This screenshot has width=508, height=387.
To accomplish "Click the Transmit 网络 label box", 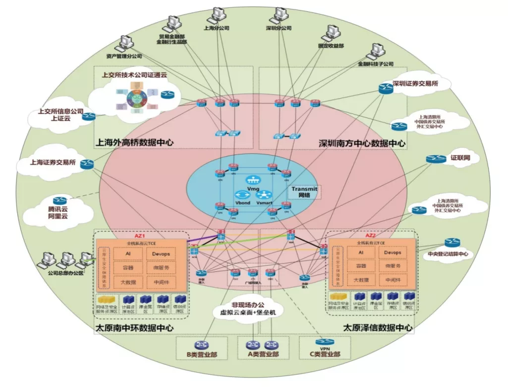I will pos(304,192).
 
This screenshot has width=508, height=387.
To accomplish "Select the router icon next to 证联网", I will pos(436,159).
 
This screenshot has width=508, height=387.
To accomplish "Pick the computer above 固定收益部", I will pos(331,34).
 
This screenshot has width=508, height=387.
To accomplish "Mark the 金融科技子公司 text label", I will pos(375,64).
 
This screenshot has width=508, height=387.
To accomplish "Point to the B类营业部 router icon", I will pos(201,345).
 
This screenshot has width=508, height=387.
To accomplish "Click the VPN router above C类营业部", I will pos(324,343).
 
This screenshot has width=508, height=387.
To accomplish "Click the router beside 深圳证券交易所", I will pos(386,88).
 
